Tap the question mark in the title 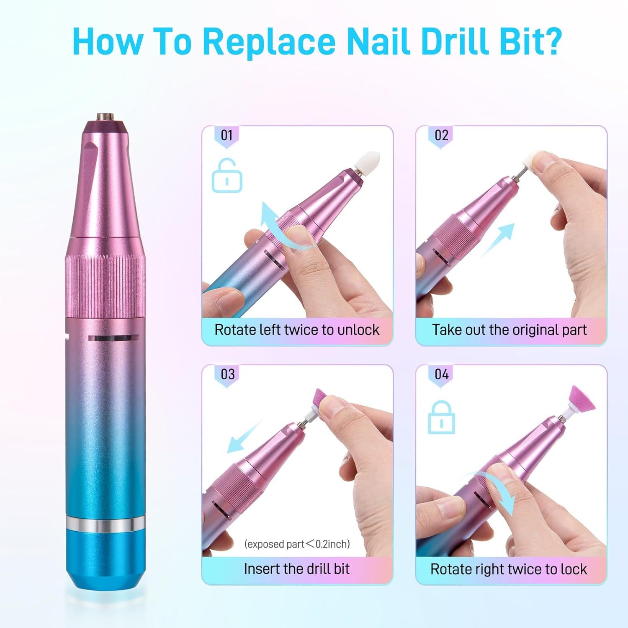point(551,41)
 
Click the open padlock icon point(227,176)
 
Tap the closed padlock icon point(441,417)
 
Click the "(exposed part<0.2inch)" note point(297,544)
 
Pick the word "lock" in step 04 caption point(574,569)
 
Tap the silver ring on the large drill point(106,524)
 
